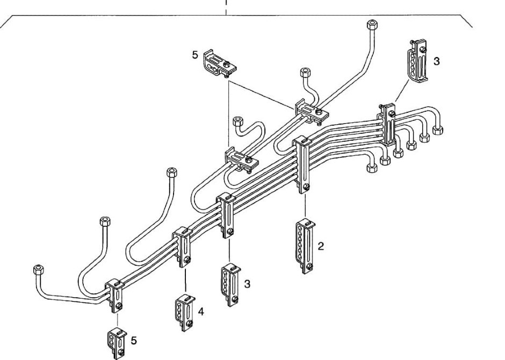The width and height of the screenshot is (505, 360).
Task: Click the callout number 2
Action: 321,246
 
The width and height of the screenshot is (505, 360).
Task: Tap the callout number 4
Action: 200,311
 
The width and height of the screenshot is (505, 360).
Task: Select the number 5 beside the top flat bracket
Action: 196,54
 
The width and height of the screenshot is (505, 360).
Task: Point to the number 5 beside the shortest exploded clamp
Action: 134,340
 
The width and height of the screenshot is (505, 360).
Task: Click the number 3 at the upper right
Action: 436,61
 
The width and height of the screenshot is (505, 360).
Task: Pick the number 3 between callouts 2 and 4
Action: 247,284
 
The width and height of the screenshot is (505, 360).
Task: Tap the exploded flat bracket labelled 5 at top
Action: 221,63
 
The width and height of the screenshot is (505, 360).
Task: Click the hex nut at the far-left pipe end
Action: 38,269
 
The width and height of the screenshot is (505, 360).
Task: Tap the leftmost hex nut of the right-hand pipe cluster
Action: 372,168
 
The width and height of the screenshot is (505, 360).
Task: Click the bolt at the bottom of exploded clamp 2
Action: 309,267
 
